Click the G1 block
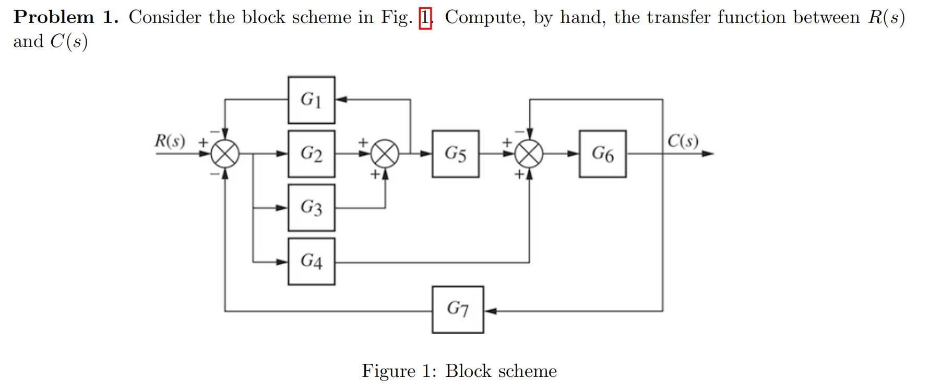click(x=311, y=100)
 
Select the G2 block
click(x=311, y=154)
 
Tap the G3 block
click(x=311, y=208)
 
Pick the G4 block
click(x=311, y=261)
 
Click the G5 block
click(x=455, y=154)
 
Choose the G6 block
click(x=602, y=154)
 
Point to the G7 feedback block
click(x=458, y=309)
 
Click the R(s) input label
click(x=170, y=141)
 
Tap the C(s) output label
click(x=683, y=141)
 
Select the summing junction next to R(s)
click(x=225, y=154)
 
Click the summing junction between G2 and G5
click(x=385, y=154)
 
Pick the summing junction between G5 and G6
click(x=529, y=154)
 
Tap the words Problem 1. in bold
click(x=66, y=17)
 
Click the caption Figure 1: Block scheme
click(x=459, y=371)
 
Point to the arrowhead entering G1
click(x=341, y=99)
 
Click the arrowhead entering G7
click(x=490, y=311)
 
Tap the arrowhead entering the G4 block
click(x=282, y=262)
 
